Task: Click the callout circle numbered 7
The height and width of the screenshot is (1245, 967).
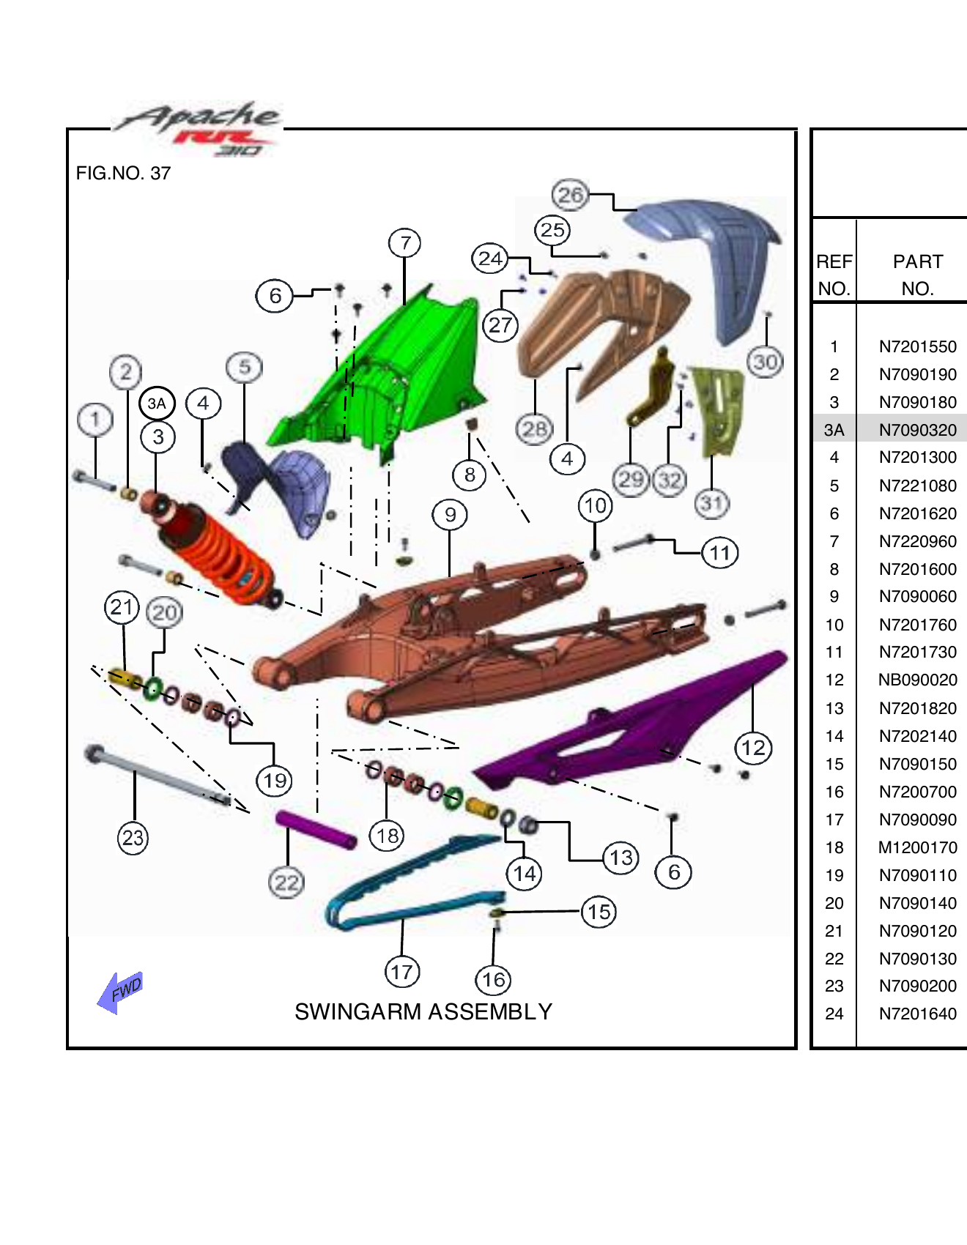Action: coord(405,242)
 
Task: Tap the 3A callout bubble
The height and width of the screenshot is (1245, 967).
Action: coord(157,404)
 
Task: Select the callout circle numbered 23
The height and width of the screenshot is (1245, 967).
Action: coord(133,837)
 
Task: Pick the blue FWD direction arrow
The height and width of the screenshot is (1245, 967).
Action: coord(120,992)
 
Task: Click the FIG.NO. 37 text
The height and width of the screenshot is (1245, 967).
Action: coord(123,174)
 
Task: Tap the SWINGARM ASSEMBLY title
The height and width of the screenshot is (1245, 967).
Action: coord(423,1011)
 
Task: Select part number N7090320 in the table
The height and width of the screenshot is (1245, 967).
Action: coord(917,430)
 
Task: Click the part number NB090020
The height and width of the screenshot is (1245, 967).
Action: coord(917,680)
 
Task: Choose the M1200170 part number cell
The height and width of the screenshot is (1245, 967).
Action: coord(917,847)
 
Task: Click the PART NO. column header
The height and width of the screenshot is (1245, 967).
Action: coord(917,275)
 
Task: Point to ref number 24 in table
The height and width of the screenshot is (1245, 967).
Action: coord(834,1014)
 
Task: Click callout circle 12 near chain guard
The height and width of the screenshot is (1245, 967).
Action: coord(753,748)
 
